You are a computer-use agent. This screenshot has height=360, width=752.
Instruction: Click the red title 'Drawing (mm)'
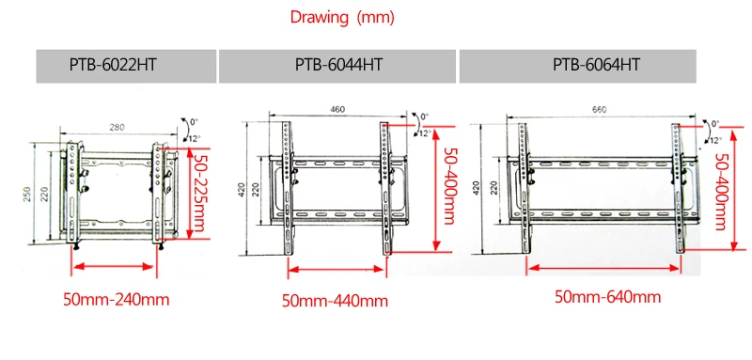[342, 18]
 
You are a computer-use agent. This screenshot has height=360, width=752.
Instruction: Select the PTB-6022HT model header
[113, 65]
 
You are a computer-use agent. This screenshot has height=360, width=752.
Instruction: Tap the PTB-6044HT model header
[338, 65]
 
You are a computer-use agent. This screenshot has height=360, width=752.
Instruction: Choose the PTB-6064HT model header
[596, 65]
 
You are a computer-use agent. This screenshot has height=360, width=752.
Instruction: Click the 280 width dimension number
[117, 127]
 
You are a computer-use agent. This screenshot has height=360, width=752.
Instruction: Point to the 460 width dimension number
[337, 109]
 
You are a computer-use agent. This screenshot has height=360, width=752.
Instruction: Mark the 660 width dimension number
[600, 110]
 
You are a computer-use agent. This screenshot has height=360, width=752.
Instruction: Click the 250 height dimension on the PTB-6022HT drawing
[27, 194]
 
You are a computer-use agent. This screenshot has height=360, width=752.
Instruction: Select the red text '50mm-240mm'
[116, 300]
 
